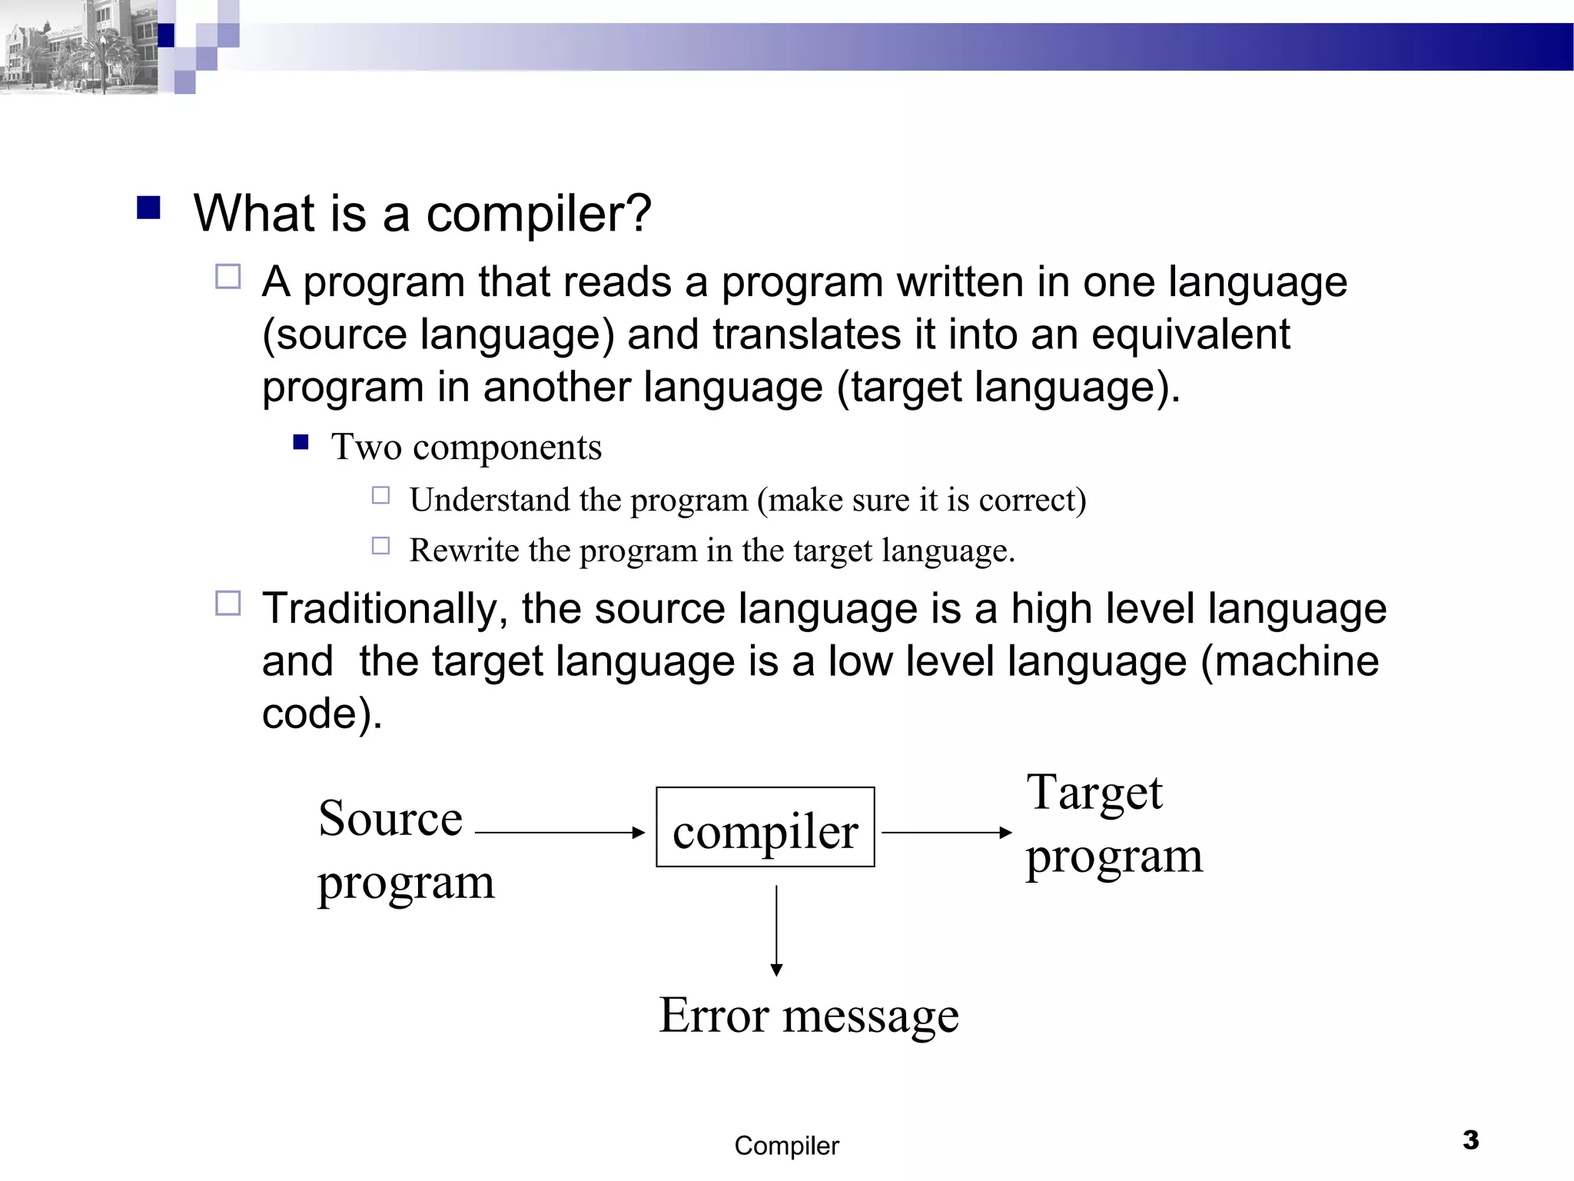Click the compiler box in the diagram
pyautogui.click(x=765, y=827)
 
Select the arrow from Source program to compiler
pyautogui.click(x=560, y=832)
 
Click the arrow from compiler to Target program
pyautogui.click(x=946, y=832)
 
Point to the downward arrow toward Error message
pyautogui.click(x=776, y=930)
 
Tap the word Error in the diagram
pyautogui.click(x=714, y=1016)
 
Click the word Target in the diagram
pyautogui.click(x=1094, y=793)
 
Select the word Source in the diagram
pyautogui.click(x=390, y=818)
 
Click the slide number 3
pyautogui.click(x=1470, y=1139)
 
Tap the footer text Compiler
pyautogui.click(x=786, y=1146)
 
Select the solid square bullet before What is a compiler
pyautogui.click(x=148, y=208)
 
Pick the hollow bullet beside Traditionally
pyautogui.click(x=228, y=604)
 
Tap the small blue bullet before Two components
pyautogui.click(x=301, y=442)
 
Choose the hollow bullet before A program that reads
pyautogui.click(x=228, y=276)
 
